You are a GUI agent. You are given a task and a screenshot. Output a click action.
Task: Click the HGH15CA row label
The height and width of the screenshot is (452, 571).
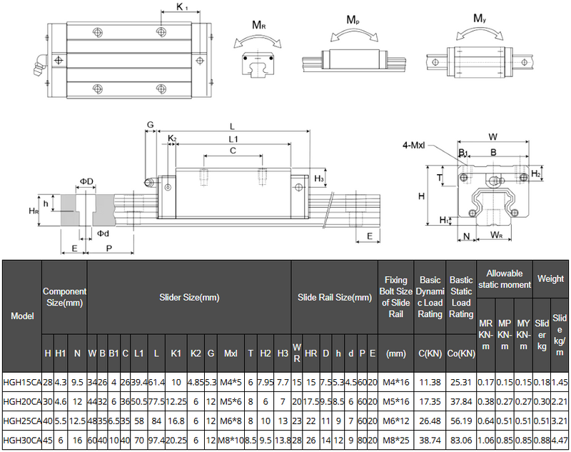pos(22,382)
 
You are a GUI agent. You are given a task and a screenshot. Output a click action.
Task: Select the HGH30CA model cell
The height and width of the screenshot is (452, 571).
pos(22,439)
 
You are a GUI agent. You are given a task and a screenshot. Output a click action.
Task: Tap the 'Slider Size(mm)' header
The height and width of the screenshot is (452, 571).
pos(188,297)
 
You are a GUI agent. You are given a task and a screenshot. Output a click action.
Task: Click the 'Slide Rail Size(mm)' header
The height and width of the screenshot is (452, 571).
pos(334,297)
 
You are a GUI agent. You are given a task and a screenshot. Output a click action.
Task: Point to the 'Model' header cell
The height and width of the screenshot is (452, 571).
pos(22,316)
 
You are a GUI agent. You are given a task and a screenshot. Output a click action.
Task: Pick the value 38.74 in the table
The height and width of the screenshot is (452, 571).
pos(430,439)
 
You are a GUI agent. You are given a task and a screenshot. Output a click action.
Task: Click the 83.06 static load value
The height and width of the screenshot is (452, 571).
pos(461,439)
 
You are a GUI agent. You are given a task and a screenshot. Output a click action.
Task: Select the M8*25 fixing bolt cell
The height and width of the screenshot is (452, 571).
pos(395,439)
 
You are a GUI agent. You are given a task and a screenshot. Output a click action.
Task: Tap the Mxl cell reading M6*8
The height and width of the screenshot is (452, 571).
pos(231,420)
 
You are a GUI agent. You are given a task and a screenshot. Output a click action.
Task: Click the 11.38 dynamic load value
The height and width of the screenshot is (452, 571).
pos(430,382)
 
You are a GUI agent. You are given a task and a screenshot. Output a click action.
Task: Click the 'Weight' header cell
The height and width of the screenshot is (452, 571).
pos(550,278)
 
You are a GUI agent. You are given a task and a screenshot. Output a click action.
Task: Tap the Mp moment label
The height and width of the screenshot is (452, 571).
pos(353,19)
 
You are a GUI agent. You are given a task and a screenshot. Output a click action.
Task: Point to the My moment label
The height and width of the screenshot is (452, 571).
pos(480,18)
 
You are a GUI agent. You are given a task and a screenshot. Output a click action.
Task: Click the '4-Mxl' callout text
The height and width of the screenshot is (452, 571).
pos(414,145)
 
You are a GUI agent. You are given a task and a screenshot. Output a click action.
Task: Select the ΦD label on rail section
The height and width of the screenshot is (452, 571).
pos(86,182)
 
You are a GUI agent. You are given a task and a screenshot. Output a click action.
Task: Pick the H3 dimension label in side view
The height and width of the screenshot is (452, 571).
pos(319,178)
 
